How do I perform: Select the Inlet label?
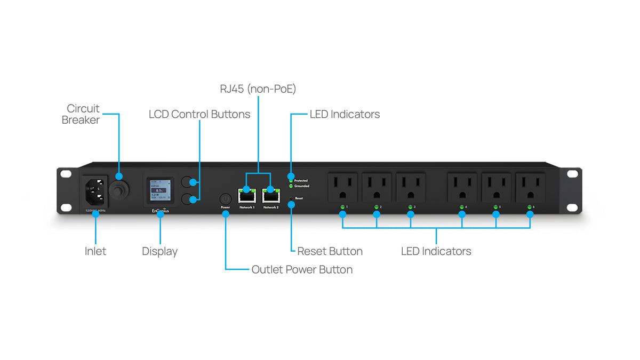coord(95,251)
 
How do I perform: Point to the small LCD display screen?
coord(159,190)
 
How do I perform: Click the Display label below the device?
coord(159,251)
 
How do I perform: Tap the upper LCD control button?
coord(187,182)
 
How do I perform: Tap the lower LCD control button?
coord(187,199)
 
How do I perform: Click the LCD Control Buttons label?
coord(199,114)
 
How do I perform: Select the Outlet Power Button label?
coord(302,269)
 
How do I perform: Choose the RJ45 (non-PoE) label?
coord(258,89)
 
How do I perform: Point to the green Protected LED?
coord(291,181)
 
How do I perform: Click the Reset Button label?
coord(330,251)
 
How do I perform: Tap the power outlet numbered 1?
coord(342,187)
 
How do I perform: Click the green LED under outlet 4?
coord(462,206)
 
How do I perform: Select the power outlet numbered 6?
coord(530,187)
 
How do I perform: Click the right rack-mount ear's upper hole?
coord(572,174)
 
